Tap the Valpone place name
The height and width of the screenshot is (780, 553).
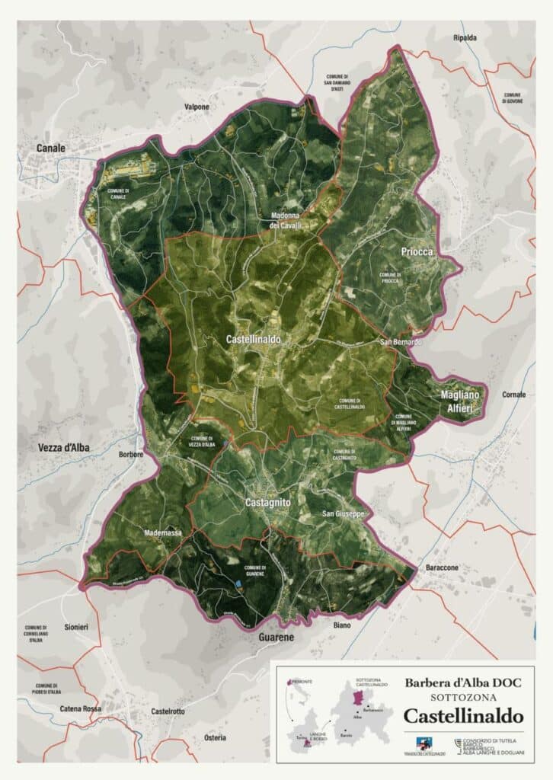pyautogui.click(x=197, y=107)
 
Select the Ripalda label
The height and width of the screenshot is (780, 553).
pyautogui.click(x=464, y=37)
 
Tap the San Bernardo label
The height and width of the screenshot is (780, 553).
pyautogui.click(x=401, y=343)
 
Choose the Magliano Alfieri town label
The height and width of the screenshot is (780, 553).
pyautogui.click(x=462, y=402)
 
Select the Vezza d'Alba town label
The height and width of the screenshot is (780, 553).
pyautogui.click(x=63, y=448)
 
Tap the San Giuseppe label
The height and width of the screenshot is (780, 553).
pyautogui.click(x=345, y=514)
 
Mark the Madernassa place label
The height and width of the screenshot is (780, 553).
pyautogui.click(x=162, y=533)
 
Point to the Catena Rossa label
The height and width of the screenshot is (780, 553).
pyautogui.click(x=81, y=709)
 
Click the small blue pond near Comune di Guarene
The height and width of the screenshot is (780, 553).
pyautogui.click(x=238, y=583)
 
